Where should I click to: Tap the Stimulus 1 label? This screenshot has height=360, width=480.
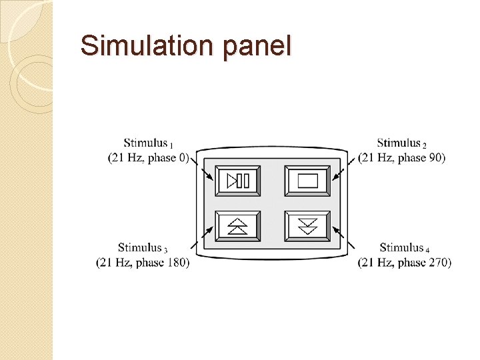[148, 143]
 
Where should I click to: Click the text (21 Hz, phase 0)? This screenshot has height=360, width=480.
[158, 158]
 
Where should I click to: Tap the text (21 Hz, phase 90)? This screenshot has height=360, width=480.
[411, 158]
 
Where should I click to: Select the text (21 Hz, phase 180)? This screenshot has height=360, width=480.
[143, 263]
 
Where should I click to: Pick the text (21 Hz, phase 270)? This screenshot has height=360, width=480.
[405, 263]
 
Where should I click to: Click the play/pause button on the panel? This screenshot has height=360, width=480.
[238, 181]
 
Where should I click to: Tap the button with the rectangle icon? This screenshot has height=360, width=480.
[307, 181]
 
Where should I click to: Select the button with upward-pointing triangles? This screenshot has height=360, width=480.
[238, 226]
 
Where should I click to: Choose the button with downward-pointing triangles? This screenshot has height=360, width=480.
[307, 226]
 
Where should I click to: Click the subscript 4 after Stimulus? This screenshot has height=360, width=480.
[427, 250]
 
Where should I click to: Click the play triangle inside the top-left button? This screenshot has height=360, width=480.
[232, 181]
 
